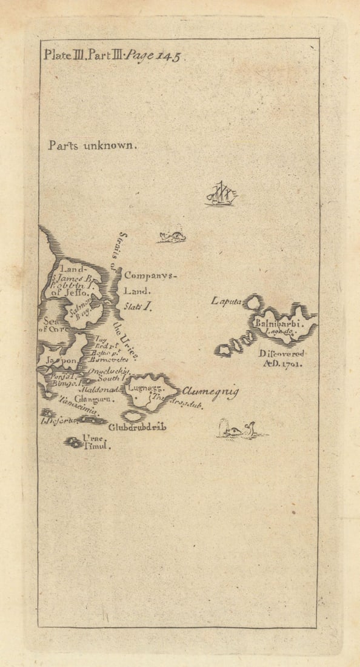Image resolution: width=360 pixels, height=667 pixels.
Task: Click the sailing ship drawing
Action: click(x=221, y=194)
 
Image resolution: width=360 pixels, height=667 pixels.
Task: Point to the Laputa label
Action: click(x=227, y=300)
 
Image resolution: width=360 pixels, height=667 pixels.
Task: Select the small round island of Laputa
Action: click(x=253, y=301)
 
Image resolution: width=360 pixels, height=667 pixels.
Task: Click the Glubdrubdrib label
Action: click(x=138, y=427)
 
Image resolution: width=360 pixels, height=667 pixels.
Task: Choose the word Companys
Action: click(x=150, y=275)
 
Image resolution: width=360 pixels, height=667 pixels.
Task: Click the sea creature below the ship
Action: click(x=171, y=236)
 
